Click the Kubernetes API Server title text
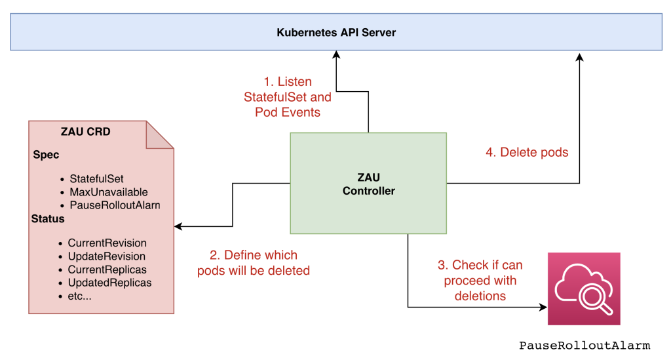click(x=336, y=32)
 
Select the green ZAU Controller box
click(x=368, y=183)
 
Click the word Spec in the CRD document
click(x=46, y=155)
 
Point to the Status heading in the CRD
click(x=47, y=218)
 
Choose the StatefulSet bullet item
click(x=96, y=178)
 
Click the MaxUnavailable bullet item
click(x=108, y=192)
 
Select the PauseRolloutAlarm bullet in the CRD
click(x=115, y=205)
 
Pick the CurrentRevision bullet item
click(x=107, y=243)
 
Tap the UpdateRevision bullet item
click(x=106, y=256)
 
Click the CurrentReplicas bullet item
click(x=107, y=270)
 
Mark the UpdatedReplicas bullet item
click(x=109, y=283)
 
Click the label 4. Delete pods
click(x=526, y=152)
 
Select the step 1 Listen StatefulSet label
click(x=288, y=97)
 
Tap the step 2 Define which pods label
click(x=253, y=262)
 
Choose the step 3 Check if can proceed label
click(x=480, y=280)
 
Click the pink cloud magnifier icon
click(x=584, y=289)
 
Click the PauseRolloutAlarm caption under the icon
click(x=585, y=346)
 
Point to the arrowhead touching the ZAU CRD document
click(x=178, y=227)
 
